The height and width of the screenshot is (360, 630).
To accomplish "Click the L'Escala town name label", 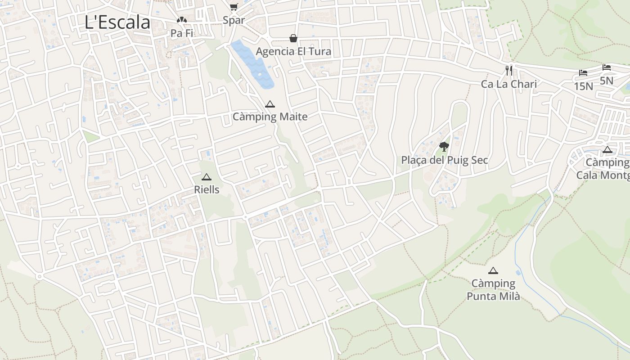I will coord(117,22).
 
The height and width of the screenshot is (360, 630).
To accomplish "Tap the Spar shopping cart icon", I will coord(234,7).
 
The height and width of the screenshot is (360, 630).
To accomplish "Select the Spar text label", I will coord(234,20).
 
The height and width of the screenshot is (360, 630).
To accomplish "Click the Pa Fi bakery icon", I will coord(181,20).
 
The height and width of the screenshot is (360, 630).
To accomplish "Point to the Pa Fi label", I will coord(181,33).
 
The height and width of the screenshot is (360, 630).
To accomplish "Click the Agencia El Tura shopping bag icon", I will coord(293,38).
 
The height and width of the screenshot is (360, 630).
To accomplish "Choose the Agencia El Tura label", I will coord(293,51).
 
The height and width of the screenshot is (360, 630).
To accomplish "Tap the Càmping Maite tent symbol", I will coord(270,104).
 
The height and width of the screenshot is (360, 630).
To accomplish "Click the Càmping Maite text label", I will coord(270,117).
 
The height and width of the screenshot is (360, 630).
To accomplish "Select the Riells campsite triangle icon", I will coord(207,177).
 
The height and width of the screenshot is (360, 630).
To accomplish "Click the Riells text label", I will coord(207,190).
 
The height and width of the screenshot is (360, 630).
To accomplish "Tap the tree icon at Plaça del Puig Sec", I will coord(444,146).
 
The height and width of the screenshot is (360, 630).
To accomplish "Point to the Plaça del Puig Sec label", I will coord(444,160).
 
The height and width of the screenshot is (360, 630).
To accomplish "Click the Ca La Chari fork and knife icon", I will coord(509,70).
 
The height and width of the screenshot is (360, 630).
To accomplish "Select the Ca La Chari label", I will coord(509,84).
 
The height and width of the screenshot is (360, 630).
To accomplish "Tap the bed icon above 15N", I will coord(583,73).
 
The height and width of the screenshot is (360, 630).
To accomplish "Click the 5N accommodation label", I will coord(606,81).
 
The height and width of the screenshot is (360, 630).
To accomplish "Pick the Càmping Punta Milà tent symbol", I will coord(493,270).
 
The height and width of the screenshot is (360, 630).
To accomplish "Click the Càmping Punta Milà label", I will coord(493,290).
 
